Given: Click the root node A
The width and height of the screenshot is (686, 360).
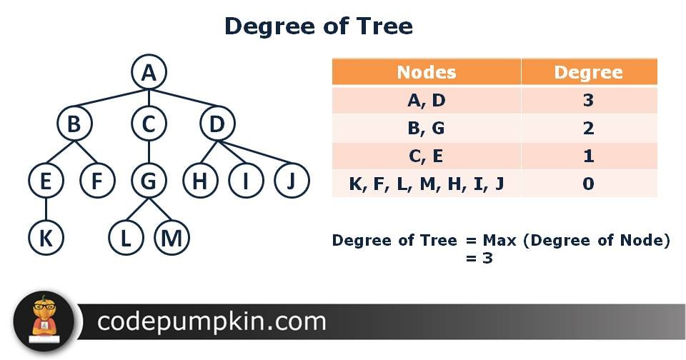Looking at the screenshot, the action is [149, 72].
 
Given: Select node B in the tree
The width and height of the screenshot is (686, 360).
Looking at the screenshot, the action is [74, 124].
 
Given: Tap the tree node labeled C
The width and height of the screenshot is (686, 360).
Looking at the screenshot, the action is [149, 124].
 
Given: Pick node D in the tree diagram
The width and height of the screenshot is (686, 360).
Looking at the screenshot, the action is [217, 124].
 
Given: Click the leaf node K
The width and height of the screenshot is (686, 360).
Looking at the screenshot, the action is [46, 238].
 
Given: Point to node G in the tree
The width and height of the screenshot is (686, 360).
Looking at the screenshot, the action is [149, 181].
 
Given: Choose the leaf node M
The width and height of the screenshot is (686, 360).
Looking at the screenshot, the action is [171, 238].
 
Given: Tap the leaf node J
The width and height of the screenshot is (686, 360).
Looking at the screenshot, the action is [292, 181].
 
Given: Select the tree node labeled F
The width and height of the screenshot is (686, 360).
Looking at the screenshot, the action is [98, 181].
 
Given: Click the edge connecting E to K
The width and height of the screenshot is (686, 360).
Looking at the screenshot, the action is [46, 209].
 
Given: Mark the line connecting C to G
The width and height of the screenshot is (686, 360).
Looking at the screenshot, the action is [149, 152].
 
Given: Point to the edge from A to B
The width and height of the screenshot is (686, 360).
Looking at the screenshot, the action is [111, 98].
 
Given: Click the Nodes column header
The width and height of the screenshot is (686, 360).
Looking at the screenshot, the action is [426, 72].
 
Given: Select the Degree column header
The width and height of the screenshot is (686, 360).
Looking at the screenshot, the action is [589, 72].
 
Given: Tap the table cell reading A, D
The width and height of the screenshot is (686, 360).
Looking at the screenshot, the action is [426, 100].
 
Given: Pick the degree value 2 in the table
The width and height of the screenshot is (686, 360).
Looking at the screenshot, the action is [588, 128].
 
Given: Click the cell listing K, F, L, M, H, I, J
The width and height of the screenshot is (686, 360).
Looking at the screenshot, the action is [426, 184].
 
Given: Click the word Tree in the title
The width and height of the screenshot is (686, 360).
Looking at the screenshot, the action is [384, 26].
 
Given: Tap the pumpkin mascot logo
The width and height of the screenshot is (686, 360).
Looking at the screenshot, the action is [44, 321].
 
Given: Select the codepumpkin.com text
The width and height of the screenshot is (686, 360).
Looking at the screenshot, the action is [212, 322].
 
